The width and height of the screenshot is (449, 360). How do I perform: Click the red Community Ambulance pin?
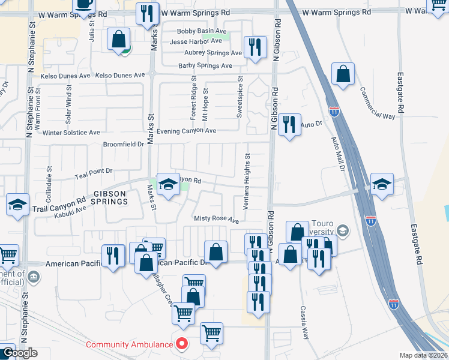(182, 344)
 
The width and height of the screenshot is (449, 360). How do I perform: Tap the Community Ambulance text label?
(129, 344)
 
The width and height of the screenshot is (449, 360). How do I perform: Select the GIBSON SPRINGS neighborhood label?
(110, 197)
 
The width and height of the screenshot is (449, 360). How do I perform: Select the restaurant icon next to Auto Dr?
(289, 124)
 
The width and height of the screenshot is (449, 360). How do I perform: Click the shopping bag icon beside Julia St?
(119, 40)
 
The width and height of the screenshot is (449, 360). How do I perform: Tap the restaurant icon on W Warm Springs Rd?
(147, 13)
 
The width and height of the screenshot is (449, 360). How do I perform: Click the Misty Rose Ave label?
(215, 220)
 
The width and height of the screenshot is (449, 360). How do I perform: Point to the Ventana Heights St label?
(246, 181)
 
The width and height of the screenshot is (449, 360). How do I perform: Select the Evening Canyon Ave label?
(186, 131)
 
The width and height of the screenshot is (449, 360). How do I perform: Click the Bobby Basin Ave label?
(201, 31)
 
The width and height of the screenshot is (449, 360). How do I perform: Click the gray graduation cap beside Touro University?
(342, 230)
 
